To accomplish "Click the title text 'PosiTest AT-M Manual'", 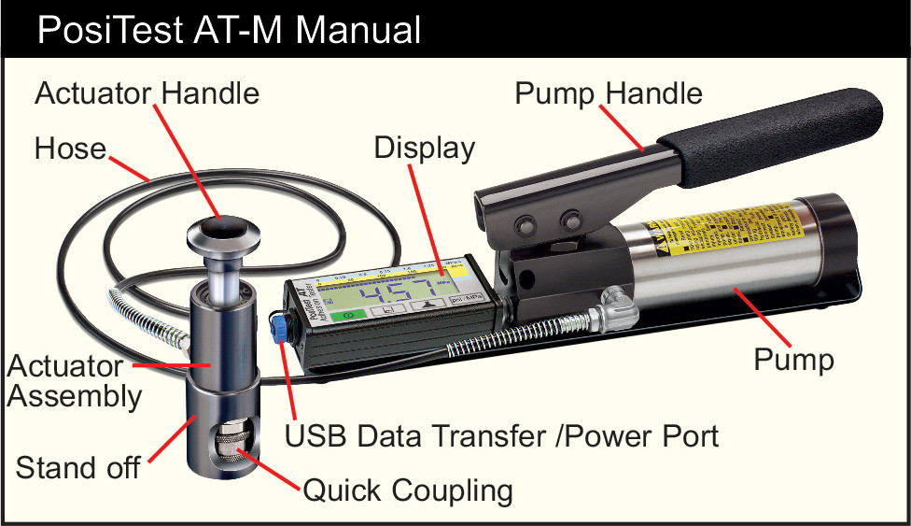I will coord(229,30).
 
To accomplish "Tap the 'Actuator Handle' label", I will coord(147,93).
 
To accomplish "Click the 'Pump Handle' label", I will coord(609,92).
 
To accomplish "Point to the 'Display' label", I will coord(425,148).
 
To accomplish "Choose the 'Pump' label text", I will coord(793,359).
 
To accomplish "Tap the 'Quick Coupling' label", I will coord(407,490).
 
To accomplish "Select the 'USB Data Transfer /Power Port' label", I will coord(501,436).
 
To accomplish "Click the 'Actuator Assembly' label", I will coord(75,380).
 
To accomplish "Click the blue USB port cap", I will coord(277,326).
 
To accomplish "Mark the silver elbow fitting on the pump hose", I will coord(616,304).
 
